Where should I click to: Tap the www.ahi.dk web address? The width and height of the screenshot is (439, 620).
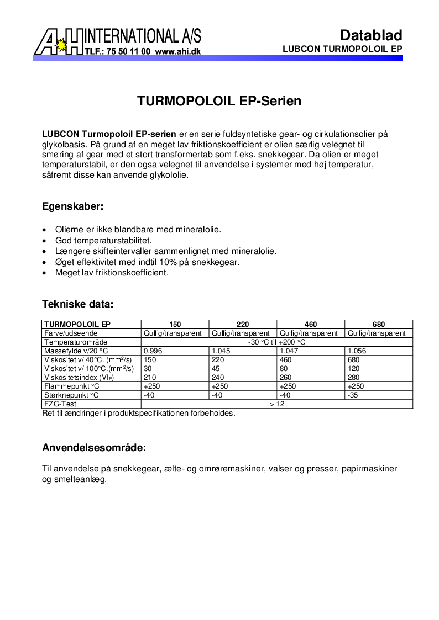(177, 51)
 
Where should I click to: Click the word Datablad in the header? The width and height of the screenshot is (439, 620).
(371, 35)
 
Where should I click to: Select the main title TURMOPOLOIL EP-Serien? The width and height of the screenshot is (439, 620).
(219, 102)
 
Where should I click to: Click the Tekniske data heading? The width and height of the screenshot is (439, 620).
(78, 304)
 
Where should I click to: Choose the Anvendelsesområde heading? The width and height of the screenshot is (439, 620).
(94, 447)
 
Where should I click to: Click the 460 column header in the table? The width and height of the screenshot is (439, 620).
(310, 325)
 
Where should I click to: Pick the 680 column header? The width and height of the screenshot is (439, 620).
(379, 325)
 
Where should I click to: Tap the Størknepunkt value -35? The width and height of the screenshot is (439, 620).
(353, 395)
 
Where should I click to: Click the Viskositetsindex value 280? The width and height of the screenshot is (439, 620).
(353, 378)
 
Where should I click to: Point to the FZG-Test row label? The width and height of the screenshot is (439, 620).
(60, 404)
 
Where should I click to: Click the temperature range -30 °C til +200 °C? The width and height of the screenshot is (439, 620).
(277, 342)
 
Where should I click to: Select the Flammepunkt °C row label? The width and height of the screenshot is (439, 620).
(71, 386)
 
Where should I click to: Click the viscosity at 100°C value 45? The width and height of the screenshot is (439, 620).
(216, 369)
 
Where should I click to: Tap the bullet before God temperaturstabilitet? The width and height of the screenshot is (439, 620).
(45, 241)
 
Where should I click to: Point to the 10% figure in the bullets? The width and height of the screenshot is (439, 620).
(169, 262)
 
